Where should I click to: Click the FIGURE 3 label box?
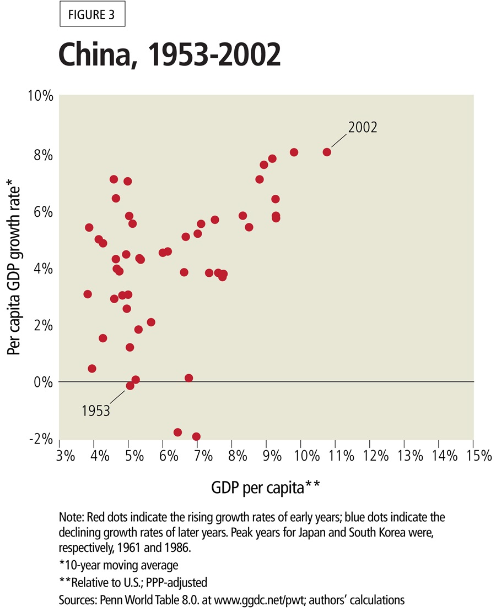click(x=92, y=15)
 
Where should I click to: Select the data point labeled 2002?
click(x=327, y=152)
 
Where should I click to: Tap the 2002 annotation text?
click(x=362, y=127)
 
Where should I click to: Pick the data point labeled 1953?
click(x=130, y=386)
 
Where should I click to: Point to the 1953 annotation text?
click(x=96, y=411)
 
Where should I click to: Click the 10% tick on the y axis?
click(x=41, y=96)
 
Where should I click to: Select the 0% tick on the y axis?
click(x=43, y=381)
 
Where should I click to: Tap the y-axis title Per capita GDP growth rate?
click(x=15, y=270)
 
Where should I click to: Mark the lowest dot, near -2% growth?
click(x=196, y=436)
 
